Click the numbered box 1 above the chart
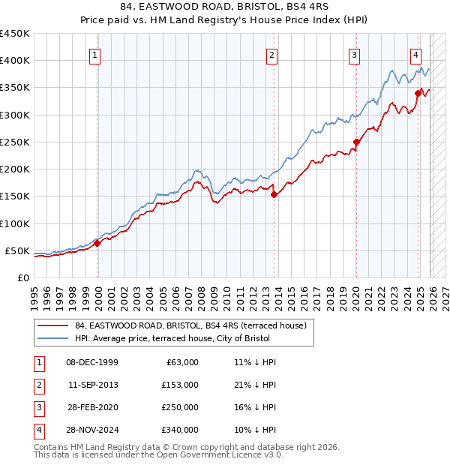coord(97,55)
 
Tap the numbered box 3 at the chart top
coord(354,55)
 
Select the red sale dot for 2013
coord(274,195)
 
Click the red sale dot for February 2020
coord(357,142)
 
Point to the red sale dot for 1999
coord(97,243)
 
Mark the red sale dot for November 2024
coord(418,93)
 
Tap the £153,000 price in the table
coord(180,385)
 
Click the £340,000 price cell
coord(180,430)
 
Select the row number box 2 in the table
coord(38,385)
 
